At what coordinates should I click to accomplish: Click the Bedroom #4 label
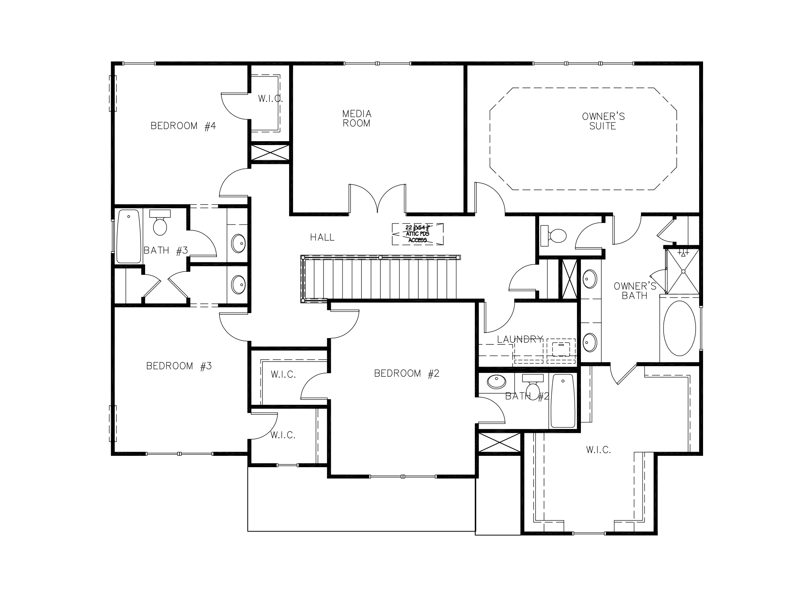(x=183, y=126)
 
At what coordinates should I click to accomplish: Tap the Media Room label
(x=357, y=119)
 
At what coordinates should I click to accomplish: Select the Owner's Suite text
(x=603, y=121)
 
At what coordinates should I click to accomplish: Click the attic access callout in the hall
(x=417, y=234)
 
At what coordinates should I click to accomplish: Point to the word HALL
(x=322, y=237)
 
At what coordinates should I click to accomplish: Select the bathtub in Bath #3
(x=128, y=236)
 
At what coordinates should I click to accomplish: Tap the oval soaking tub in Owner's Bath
(x=679, y=328)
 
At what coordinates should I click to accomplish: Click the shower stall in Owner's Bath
(x=683, y=271)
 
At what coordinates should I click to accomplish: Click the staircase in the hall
(x=380, y=279)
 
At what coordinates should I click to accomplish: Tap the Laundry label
(x=520, y=339)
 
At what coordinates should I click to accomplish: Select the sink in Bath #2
(x=496, y=382)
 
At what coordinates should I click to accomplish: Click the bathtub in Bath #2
(x=562, y=401)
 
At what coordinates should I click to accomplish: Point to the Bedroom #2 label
(x=407, y=374)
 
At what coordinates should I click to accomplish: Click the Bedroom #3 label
(x=179, y=366)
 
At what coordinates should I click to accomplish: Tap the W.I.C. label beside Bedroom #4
(x=270, y=99)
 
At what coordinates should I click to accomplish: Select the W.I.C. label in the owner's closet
(x=598, y=450)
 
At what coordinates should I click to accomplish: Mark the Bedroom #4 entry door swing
(x=233, y=183)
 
